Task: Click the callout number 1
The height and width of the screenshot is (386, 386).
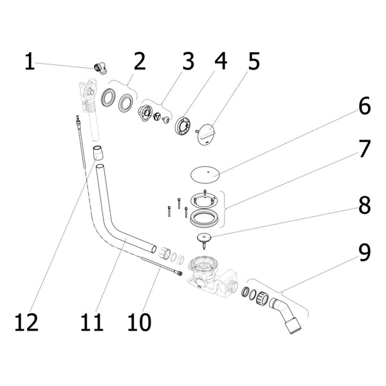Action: coord(30,61)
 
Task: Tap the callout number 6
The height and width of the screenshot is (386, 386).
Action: coord(365,106)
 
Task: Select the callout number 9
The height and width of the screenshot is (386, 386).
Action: coord(364,252)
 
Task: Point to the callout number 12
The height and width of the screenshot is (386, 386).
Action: coord(26,322)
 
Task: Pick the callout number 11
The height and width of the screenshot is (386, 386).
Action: coord(91,322)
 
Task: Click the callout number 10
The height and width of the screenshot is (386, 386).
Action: coord(139,322)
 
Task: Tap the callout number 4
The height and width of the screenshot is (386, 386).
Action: coord(221,61)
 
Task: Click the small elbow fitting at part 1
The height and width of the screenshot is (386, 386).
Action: coord(100,68)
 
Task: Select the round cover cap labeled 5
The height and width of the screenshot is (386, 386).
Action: coord(206,134)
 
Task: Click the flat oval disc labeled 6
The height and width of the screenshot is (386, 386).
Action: coord(205,175)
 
